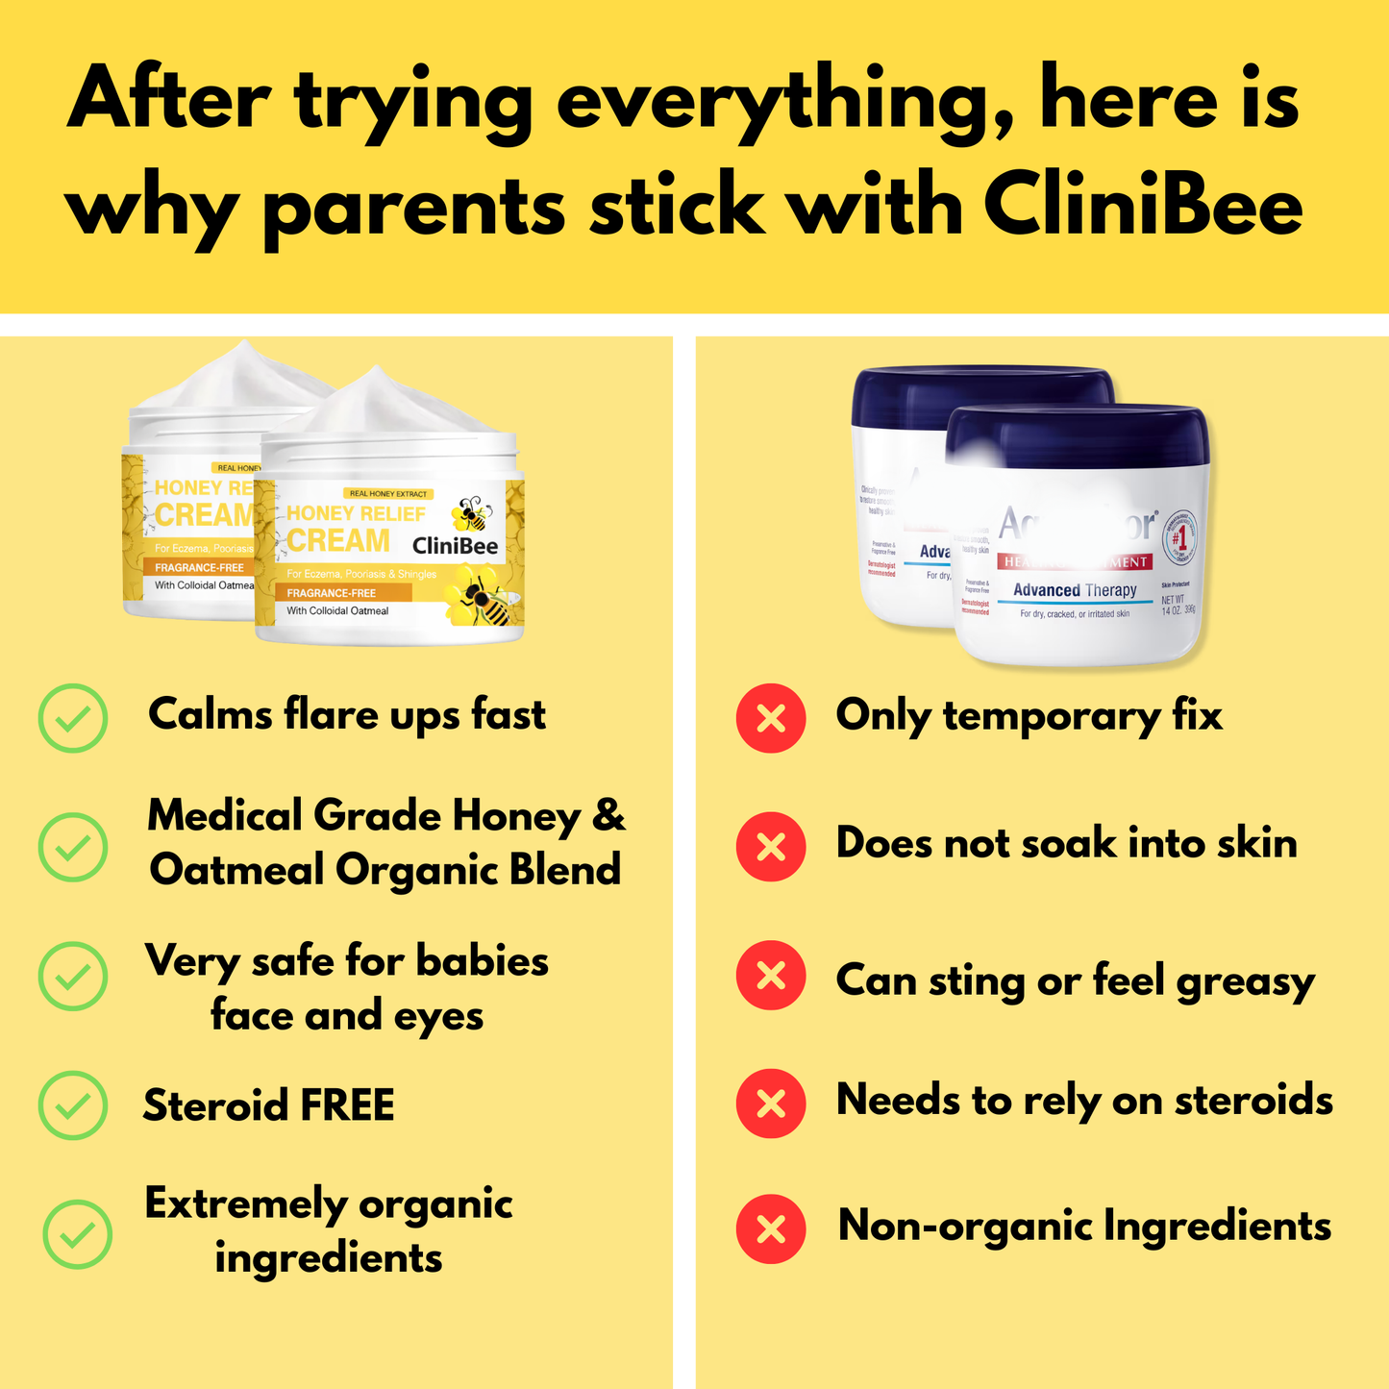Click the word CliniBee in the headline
1143,207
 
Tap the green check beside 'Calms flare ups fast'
73,718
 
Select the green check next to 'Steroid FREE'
73,1105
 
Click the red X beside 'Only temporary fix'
771,718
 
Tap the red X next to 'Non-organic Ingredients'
771,1228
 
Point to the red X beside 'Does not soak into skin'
771,847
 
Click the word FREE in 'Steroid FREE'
347,1105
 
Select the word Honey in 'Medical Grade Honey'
517,816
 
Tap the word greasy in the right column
1246,981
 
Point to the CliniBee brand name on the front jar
455,546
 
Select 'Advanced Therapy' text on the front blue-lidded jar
1075,590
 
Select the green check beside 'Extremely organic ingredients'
78,1234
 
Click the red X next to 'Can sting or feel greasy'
771,976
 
